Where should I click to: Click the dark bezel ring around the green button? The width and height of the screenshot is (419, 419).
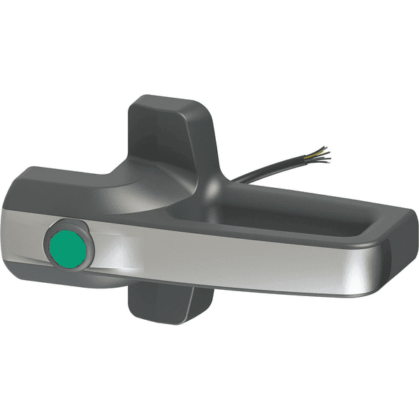click(54, 233)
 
